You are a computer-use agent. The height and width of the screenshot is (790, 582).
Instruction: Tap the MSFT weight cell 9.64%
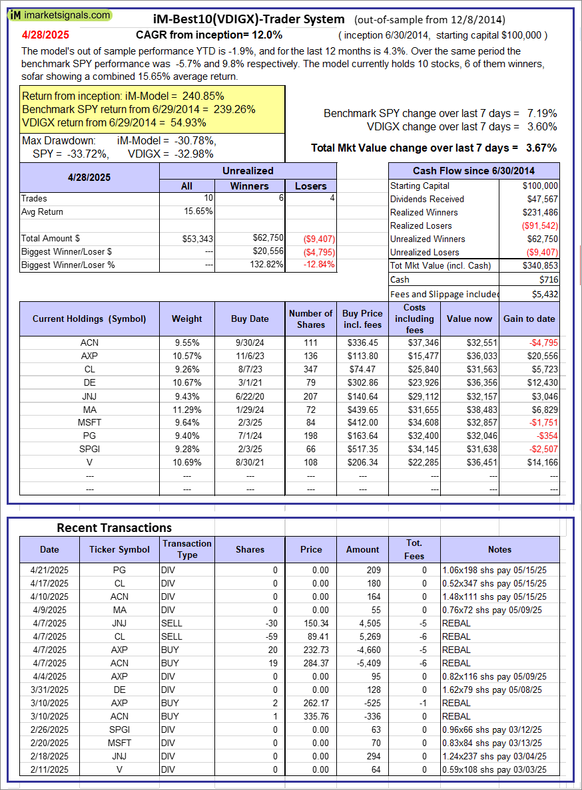[x=186, y=423]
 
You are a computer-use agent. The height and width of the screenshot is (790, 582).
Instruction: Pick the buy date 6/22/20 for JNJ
[x=249, y=396]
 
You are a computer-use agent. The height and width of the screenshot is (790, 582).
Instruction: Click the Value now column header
[x=469, y=319]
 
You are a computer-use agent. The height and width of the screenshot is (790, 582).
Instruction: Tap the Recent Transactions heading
[x=114, y=527]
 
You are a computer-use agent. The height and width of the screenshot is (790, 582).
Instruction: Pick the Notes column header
[x=499, y=549]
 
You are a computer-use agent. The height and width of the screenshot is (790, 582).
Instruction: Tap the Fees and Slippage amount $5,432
[x=541, y=293]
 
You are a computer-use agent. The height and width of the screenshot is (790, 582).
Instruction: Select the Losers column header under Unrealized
[x=310, y=186]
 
